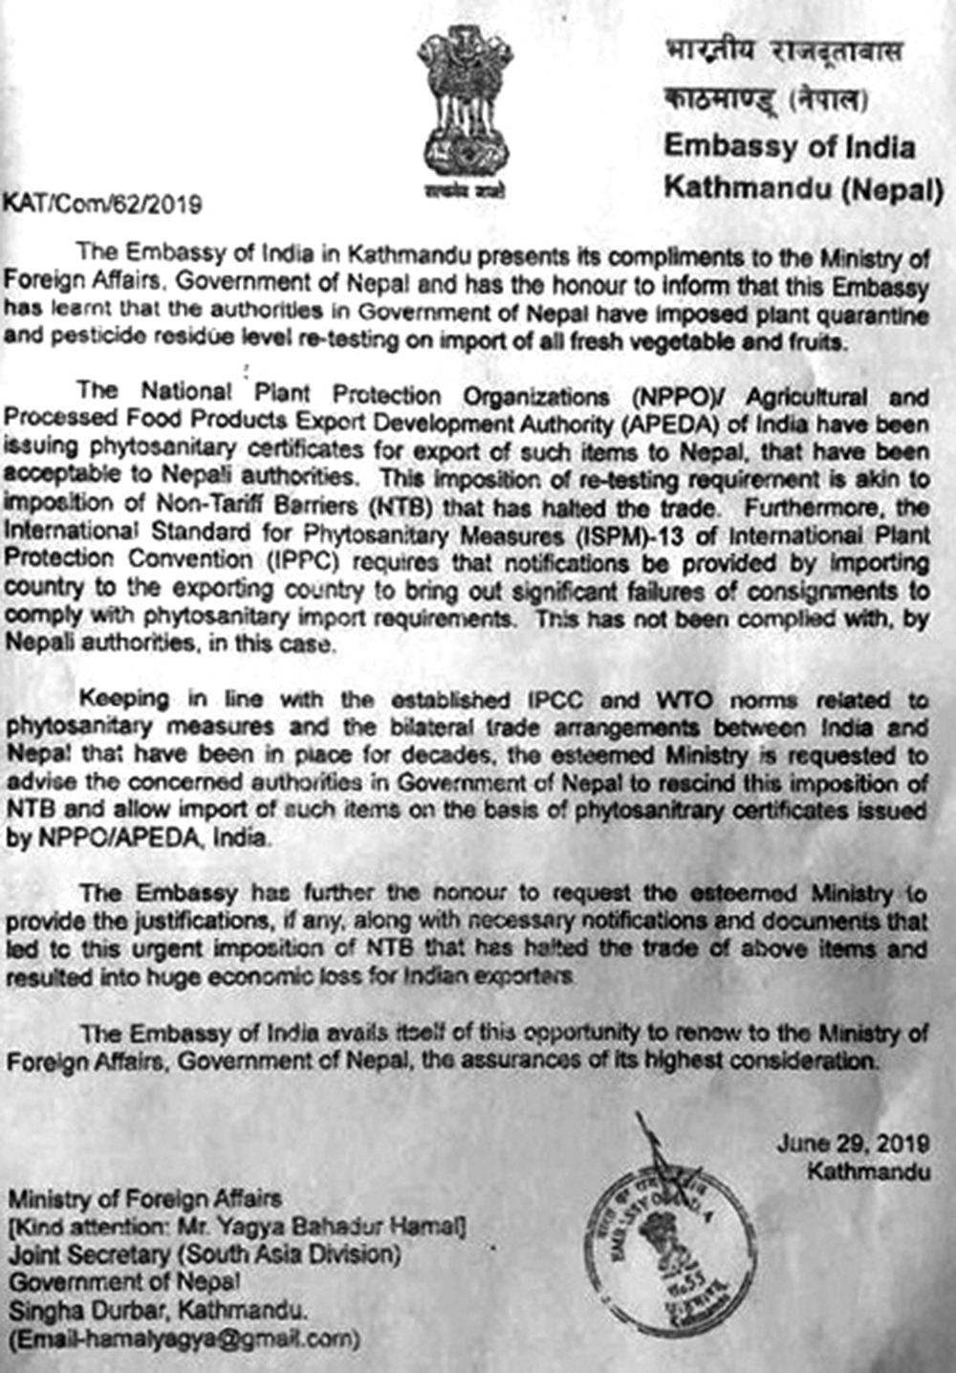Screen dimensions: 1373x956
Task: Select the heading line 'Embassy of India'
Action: [790, 147]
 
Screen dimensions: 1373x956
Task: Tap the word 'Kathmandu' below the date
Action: [867, 1169]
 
